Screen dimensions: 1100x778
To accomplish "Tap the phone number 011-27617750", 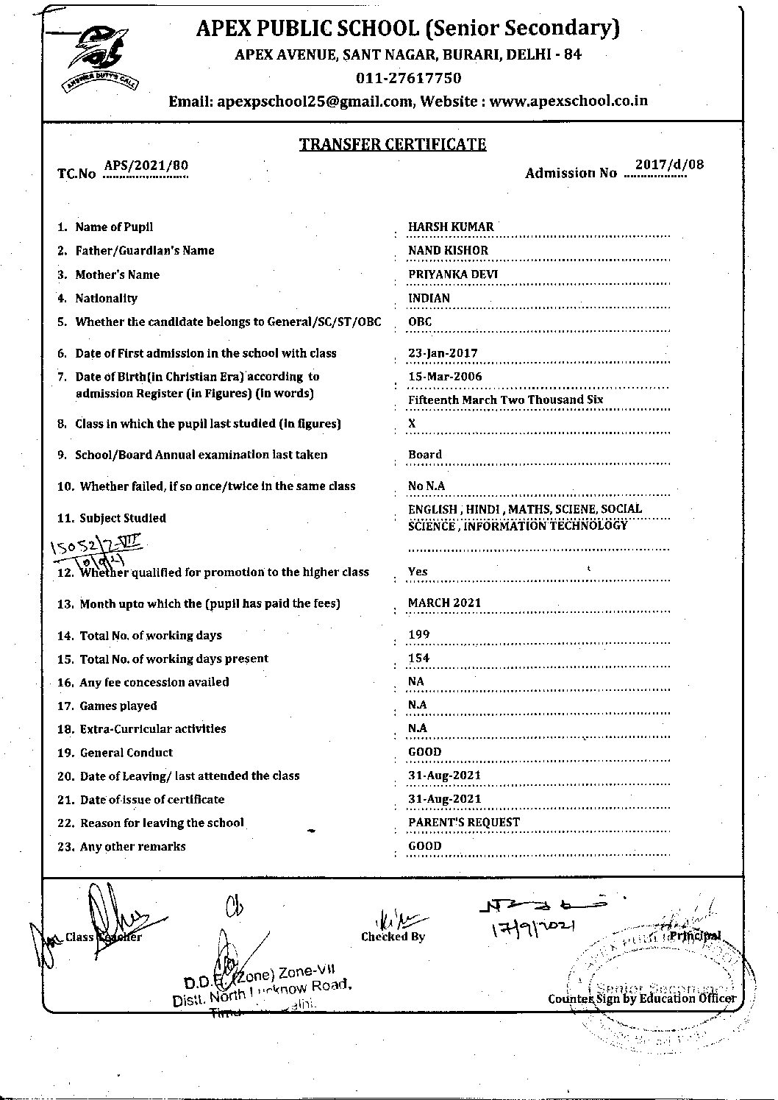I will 408,78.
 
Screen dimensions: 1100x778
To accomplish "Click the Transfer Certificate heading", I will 393,144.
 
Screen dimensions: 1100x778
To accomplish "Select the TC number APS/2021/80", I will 146,166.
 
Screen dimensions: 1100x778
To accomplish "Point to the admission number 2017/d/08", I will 669,164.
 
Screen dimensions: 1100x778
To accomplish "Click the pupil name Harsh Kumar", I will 451,227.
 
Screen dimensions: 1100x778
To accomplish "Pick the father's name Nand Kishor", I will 448,250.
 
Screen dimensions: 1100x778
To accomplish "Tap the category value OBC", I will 420,322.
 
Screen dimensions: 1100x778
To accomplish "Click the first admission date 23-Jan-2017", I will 443,353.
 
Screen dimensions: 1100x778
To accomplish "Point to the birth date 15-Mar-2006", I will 445,377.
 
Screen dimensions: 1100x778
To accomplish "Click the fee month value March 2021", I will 444,603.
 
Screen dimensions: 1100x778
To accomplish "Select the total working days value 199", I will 419,634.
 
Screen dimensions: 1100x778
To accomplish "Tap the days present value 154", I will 419,658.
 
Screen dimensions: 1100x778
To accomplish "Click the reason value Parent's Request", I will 463,822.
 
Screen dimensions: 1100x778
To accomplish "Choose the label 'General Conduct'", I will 126,752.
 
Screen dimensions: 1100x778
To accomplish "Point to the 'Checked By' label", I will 393,937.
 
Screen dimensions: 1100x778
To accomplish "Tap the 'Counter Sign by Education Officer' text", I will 641,998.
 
